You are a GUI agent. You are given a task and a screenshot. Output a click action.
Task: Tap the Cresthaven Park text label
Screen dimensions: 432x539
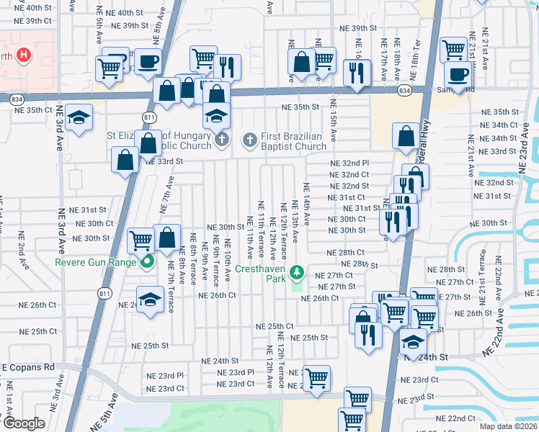pos(264,273)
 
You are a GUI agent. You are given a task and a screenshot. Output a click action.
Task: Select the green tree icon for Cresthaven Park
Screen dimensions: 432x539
pos(296,272)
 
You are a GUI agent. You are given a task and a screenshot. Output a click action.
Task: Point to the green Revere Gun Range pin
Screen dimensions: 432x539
pos(148,262)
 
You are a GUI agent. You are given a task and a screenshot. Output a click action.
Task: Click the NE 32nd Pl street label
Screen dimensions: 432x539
pos(349,163)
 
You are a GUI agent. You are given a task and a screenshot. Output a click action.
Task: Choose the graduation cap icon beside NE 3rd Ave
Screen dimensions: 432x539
pos(79,117)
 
